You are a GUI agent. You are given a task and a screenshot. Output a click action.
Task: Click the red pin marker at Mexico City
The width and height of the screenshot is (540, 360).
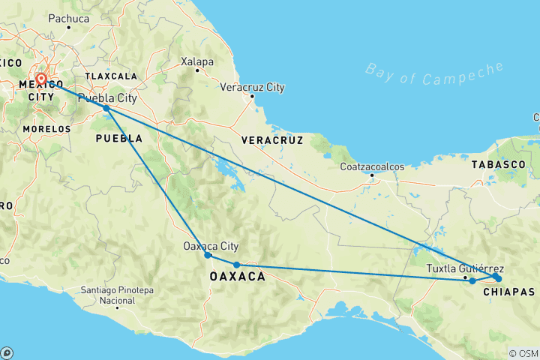click(41, 79)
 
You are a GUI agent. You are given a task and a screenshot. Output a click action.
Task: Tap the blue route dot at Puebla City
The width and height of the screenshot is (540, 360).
click(106, 108)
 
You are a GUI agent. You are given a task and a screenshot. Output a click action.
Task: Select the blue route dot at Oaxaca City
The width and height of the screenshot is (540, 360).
click(208, 256)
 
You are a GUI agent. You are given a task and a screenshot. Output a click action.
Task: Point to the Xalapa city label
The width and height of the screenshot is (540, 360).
click(198, 61)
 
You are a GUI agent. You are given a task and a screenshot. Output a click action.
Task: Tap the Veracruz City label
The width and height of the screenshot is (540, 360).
click(252, 87)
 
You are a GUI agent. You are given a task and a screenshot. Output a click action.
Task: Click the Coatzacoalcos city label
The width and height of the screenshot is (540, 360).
click(373, 166)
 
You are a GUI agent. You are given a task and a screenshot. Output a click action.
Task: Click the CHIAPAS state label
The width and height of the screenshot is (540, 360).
click(508, 291)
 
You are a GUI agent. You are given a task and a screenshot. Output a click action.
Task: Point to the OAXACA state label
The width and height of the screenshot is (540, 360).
click(237, 277)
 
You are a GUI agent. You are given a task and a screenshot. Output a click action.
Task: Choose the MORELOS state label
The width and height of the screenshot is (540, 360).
click(46, 129)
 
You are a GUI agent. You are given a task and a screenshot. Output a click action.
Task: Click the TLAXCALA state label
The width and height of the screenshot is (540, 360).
click(111, 76)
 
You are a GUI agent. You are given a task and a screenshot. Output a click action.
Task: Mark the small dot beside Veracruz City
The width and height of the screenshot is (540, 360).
click(252, 96)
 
